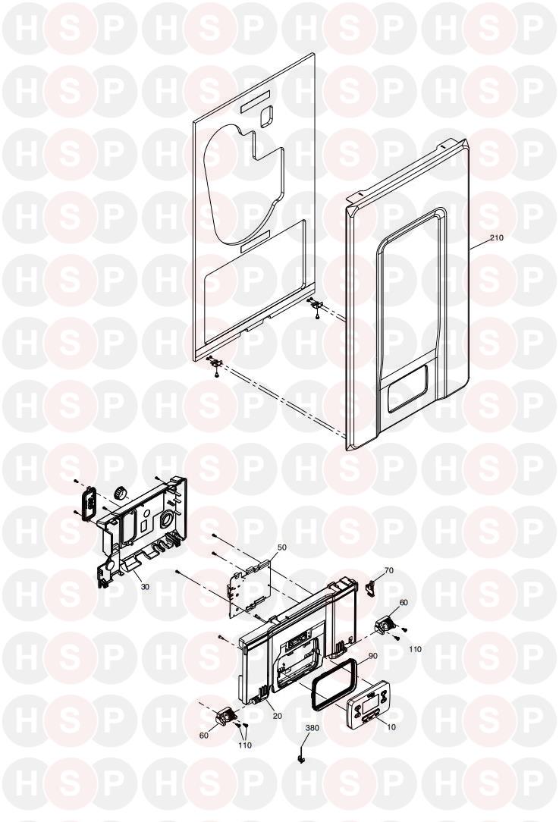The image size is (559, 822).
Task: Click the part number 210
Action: coord(496,238)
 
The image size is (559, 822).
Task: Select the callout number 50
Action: coord(281,547)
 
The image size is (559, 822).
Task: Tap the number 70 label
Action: coord(388,570)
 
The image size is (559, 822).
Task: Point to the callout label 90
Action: coord(373,656)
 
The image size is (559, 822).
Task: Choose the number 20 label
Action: coord(278,716)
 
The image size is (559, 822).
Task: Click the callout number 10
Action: coord(391,727)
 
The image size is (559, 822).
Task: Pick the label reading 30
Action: coord(145,587)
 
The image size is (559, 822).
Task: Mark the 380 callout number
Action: coord(312,728)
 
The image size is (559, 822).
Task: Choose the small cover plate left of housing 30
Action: coord(87,500)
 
